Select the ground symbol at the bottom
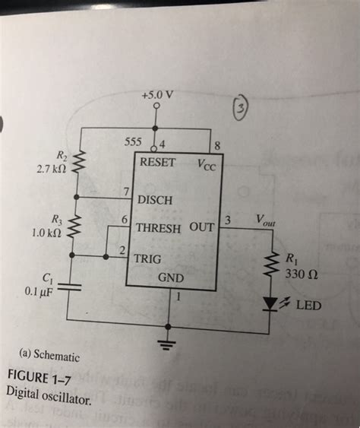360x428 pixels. (x=168, y=341)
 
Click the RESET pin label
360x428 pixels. (x=158, y=163)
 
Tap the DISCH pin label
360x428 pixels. (x=155, y=200)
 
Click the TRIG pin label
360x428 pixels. (x=147, y=258)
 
